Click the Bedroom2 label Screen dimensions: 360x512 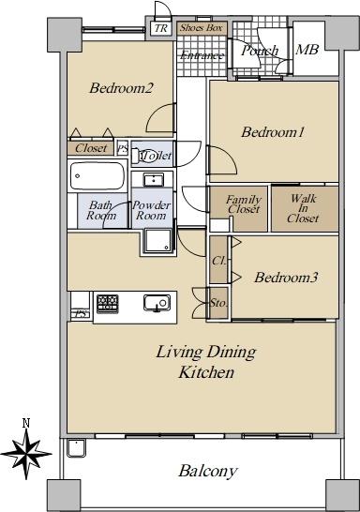[x=121, y=88]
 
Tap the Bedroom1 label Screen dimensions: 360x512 [x=273, y=132]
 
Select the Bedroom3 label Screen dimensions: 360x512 [x=286, y=278]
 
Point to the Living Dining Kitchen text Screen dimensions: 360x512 [x=206, y=362]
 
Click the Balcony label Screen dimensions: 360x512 [x=208, y=471]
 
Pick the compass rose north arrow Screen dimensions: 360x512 [x=26, y=454]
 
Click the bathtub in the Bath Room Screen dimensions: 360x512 [x=97, y=176]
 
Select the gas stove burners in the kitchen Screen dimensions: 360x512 [x=108, y=304]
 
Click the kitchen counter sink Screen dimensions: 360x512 [x=157, y=303]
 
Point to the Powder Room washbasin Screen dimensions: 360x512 [x=154, y=180]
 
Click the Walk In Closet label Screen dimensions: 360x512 [x=303, y=208]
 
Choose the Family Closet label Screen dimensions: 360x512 [x=244, y=204]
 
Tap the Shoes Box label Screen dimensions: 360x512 [x=202, y=28]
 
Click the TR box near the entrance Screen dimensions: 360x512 [x=161, y=28]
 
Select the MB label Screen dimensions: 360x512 [x=307, y=50]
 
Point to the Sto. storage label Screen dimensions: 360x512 [x=218, y=303]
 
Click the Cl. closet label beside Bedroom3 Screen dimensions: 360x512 [x=218, y=261]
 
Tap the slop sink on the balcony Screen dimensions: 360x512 [x=76, y=447]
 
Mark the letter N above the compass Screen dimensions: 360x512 [x=26, y=423]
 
